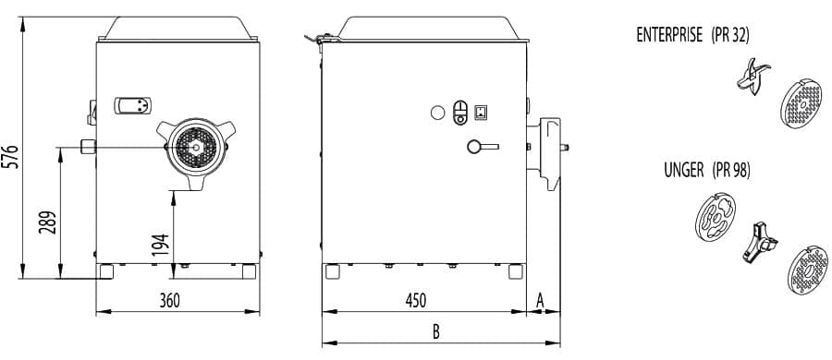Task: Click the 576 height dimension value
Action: [12, 156]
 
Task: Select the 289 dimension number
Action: [49, 222]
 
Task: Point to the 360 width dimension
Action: [170, 301]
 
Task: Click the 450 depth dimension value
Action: [415, 301]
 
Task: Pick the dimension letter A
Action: [540, 301]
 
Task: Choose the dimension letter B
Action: [435, 332]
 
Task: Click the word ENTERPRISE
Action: [669, 35]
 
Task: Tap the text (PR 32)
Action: [730, 35]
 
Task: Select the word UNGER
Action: [683, 170]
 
